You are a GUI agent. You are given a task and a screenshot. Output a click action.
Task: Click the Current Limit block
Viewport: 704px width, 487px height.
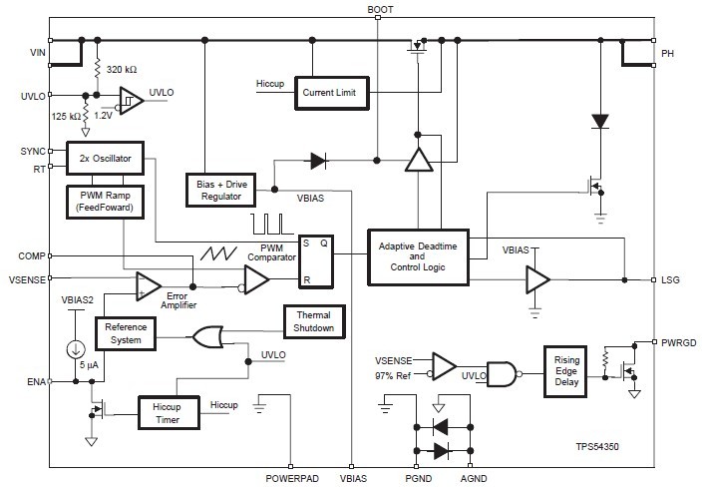(330, 93)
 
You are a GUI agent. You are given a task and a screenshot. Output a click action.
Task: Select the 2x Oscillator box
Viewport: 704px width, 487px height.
(105, 158)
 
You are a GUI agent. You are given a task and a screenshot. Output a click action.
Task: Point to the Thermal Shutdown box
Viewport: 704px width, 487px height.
(314, 321)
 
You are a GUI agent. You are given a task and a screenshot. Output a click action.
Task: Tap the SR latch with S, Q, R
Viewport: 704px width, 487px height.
(315, 261)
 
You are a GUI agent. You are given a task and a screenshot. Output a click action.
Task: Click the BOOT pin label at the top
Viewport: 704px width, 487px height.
(379, 9)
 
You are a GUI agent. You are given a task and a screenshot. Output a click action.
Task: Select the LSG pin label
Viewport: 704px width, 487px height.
(671, 280)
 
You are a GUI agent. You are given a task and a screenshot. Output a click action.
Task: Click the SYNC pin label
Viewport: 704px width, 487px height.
(32, 152)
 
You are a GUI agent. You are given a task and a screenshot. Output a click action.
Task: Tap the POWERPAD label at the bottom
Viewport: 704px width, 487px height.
(291, 479)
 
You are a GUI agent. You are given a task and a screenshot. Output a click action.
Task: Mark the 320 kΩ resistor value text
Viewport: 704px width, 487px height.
(123, 69)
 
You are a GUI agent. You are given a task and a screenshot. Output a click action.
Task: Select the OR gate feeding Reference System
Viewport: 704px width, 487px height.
(208, 337)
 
